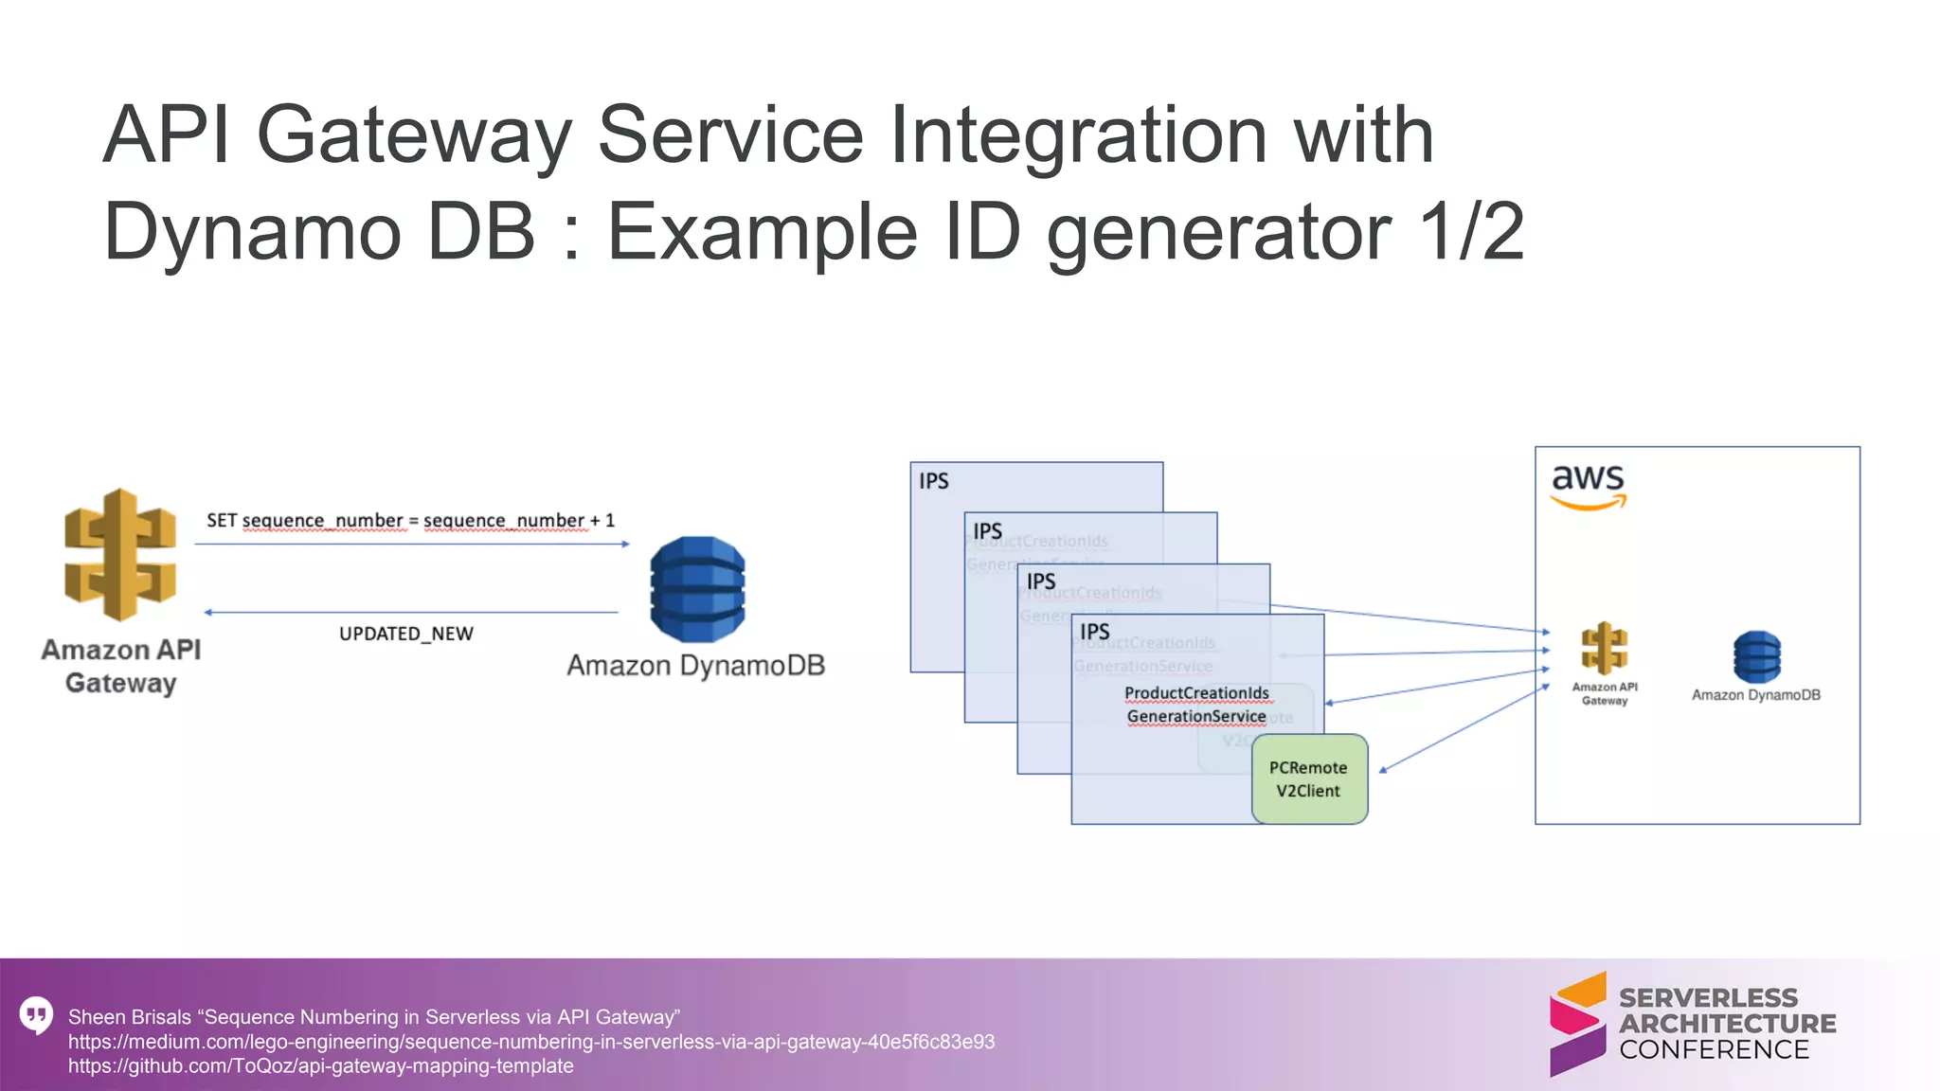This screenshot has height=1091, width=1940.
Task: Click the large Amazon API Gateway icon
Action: point(120,555)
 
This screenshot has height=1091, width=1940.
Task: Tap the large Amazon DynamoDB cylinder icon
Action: point(697,589)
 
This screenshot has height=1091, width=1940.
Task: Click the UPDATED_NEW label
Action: point(405,634)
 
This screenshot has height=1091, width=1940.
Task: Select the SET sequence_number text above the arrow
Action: point(410,520)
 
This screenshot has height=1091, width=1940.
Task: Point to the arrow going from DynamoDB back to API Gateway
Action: point(411,613)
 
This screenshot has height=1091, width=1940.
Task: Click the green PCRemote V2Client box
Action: point(1309,779)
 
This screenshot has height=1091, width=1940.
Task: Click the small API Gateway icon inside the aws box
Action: point(1604,649)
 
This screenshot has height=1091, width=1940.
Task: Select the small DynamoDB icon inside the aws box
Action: point(1756,656)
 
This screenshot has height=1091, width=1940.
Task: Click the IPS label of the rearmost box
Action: point(933,481)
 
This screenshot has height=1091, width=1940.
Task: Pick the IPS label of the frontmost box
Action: point(1094,632)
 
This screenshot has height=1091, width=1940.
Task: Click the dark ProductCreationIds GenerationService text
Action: point(1196,705)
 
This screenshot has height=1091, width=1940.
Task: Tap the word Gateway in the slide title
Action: point(414,134)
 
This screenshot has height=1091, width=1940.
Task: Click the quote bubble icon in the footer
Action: point(36,1015)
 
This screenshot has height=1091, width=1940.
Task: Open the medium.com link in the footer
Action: point(530,1042)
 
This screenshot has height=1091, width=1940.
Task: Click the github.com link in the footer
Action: point(320,1066)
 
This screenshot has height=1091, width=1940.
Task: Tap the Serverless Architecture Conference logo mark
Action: point(1577,1024)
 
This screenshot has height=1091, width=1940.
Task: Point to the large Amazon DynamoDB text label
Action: point(695,666)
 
